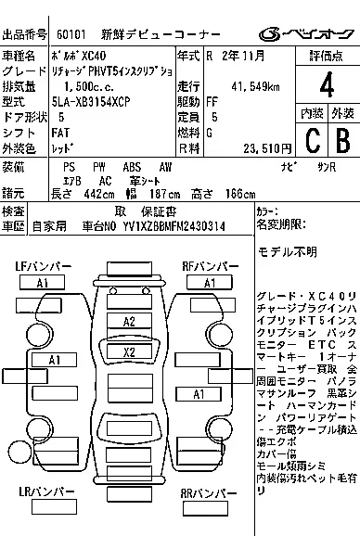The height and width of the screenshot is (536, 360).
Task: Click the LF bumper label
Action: coord(43,267)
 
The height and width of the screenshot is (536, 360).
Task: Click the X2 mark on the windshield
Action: coord(129,352)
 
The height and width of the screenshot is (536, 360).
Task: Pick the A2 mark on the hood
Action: coord(129,321)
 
